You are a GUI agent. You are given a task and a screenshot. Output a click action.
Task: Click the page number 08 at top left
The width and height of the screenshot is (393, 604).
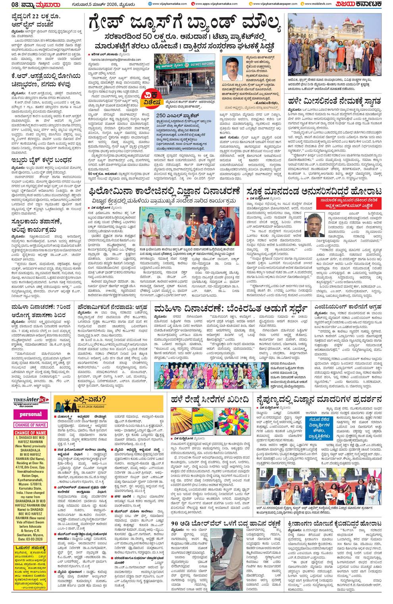[x=7, y=4]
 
